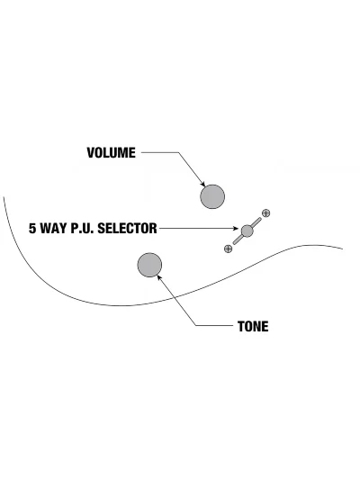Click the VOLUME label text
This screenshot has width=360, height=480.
tap(111, 153)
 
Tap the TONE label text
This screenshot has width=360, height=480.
tap(253, 327)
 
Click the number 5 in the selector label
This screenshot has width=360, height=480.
tap(32, 229)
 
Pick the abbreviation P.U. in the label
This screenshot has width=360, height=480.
tap(83, 229)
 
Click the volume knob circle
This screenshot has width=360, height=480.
tap(212, 197)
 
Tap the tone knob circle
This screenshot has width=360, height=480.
tap(149, 265)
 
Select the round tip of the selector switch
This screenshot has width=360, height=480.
tap(247, 231)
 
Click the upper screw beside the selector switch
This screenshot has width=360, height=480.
tap(266, 213)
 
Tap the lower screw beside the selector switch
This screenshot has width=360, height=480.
tap(228, 249)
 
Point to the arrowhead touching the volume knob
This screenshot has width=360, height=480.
tap(202, 184)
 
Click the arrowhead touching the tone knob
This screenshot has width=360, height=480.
tap(159, 277)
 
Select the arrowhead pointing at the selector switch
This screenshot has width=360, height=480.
tap(235, 229)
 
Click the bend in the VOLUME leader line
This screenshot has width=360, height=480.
tap(178, 152)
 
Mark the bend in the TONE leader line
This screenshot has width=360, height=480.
tap(196, 325)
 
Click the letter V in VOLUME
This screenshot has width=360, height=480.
tap(91, 153)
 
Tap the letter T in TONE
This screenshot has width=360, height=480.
tap(241, 327)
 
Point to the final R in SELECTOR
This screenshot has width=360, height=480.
tap(153, 229)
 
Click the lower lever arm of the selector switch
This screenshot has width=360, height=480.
tap(238, 240)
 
